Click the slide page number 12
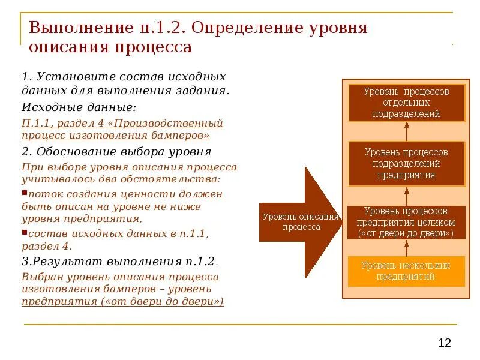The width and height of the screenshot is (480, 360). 445,343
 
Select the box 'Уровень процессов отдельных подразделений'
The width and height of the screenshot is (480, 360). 406,103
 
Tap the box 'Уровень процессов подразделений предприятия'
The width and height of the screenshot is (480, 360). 406,163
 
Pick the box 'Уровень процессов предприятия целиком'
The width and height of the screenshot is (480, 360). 406,223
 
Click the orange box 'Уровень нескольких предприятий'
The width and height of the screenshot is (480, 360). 406,271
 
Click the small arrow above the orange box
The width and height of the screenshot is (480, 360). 406,248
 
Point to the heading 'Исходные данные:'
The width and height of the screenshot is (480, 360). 79,107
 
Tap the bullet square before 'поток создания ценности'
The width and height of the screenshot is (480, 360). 24,193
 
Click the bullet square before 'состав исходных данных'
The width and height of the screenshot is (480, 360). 24,232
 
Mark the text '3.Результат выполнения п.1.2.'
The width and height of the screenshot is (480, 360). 120,262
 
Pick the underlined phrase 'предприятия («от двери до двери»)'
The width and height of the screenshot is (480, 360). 122,302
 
